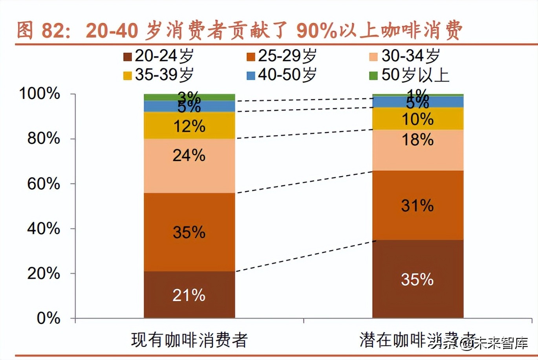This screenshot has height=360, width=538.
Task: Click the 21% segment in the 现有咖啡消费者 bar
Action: [189, 295]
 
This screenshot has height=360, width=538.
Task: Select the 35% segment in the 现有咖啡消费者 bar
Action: [189, 232]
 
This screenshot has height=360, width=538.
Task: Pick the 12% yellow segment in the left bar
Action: [189, 125]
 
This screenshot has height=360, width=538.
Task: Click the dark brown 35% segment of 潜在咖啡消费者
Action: [417, 279]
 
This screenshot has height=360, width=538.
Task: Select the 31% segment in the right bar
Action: [417, 205]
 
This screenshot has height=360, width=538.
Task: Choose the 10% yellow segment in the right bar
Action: [417, 119]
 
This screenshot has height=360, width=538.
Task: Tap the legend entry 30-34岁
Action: [405, 56]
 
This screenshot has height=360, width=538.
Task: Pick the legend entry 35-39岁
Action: [159, 75]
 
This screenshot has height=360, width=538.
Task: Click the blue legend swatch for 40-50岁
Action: [251, 75]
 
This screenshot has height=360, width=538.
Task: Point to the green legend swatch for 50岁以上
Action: [373, 75]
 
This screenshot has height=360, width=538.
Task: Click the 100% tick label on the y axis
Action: [40, 94]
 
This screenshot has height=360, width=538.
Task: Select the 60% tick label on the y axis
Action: [44, 184]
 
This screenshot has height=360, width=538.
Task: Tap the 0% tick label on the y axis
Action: [48, 318]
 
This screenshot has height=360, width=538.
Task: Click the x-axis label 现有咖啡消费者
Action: [189, 340]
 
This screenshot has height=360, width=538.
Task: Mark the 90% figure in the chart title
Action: [317, 31]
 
